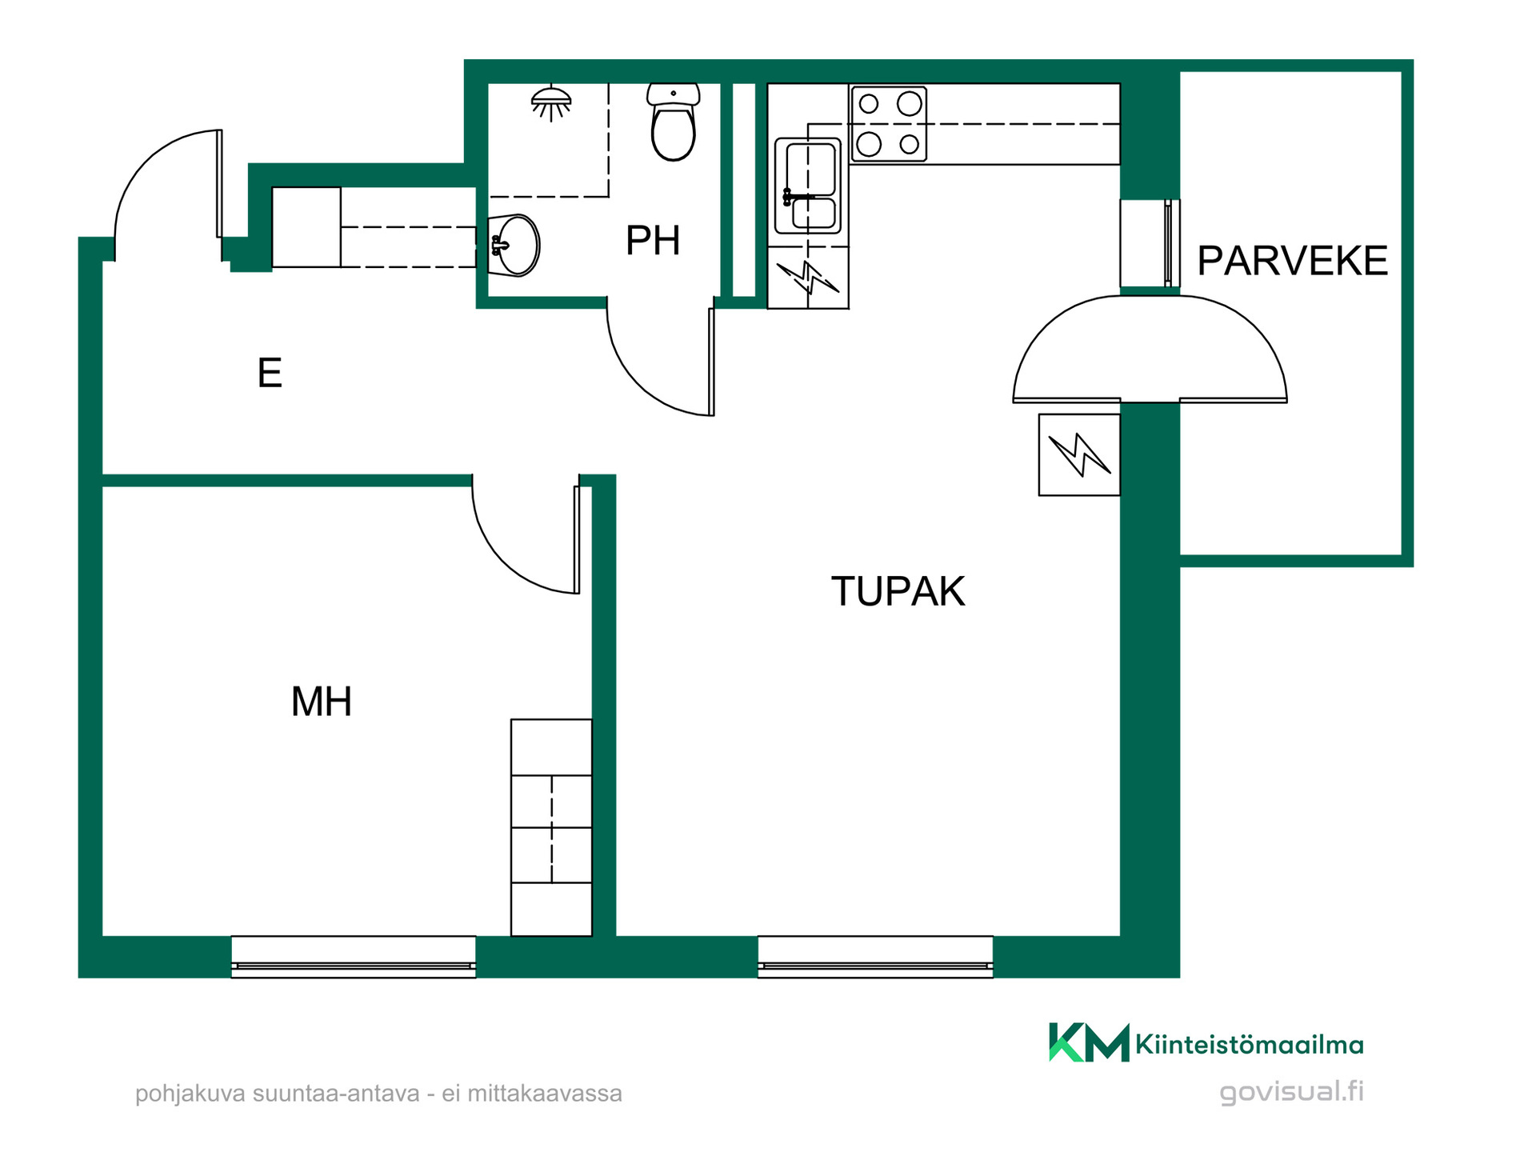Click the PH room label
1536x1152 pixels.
tap(653, 240)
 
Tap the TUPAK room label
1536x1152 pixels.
tap(898, 591)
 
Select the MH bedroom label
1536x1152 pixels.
tap(321, 702)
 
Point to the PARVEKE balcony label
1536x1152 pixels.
tap(1292, 261)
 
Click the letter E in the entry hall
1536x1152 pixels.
tap(270, 373)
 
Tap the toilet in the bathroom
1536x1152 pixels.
tap(673, 122)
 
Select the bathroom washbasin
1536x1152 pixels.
tap(514, 246)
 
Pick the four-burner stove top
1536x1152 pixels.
tap(889, 124)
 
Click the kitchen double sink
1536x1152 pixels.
tap(808, 186)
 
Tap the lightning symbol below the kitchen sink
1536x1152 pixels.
tap(808, 278)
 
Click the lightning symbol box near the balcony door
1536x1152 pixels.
tap(1079, 454)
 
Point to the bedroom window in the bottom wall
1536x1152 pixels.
tap(354, 957)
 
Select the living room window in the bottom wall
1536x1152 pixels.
tap(875, 957)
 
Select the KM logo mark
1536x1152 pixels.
tap(1089, 1042)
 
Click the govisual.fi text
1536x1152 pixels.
tap(1291, 1092)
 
